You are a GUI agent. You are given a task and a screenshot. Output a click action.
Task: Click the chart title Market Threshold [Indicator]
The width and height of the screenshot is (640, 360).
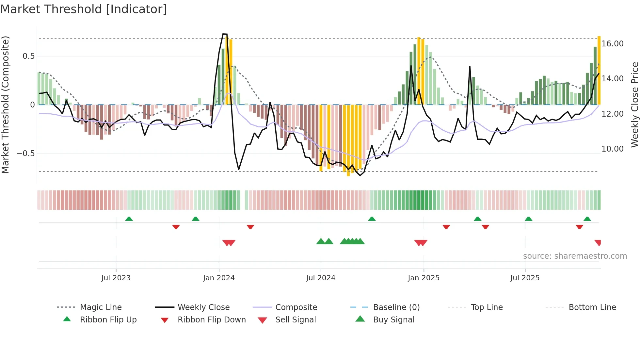point(84,9)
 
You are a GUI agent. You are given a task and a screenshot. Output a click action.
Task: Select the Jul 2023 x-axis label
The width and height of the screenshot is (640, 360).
point(116,278)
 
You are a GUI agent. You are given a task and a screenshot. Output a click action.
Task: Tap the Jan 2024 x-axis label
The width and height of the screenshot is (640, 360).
point(219,278)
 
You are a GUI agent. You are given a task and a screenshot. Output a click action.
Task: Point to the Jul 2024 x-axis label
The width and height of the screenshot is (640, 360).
point(321,278)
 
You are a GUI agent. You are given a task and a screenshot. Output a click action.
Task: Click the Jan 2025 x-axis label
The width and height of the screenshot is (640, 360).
point(424,278)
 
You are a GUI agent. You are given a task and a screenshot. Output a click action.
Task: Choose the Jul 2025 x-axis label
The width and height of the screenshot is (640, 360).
point(525,278)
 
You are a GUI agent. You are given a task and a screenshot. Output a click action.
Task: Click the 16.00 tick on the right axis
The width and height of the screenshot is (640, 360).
point(613,44)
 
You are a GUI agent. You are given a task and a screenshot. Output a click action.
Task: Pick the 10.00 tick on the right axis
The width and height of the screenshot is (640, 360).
point(613,149)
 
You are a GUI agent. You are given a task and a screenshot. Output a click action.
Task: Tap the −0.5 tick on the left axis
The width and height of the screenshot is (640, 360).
point(25,154)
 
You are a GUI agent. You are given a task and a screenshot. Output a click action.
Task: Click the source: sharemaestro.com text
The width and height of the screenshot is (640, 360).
point(575,256)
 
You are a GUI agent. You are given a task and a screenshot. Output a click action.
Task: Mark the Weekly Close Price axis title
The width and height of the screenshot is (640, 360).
point(634,105)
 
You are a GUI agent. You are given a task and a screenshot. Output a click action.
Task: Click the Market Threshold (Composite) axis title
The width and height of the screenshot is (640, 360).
point(5,105)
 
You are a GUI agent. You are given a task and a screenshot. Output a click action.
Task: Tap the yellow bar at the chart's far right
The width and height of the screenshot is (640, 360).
point(599,70)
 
